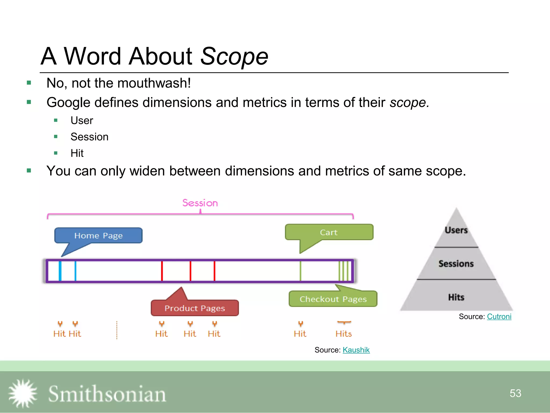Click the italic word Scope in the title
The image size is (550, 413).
[234, 56]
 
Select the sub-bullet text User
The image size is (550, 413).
[82, 120]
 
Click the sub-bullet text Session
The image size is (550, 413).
[89, 137]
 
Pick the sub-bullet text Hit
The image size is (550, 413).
[77, 153]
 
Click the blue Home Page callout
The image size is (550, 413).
[98, 236]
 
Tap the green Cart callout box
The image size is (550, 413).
[329, 232]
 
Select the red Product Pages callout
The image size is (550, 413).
[195, 308]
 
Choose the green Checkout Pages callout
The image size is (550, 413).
[333, 299]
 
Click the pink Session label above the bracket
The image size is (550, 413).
[200, 203]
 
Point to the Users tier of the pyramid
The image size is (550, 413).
[456, 230]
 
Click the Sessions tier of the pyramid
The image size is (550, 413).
[456, 264]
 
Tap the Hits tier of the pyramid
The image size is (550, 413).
[456, 297]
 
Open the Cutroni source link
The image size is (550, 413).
[499, 316]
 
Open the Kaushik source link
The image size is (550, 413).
[356, 350]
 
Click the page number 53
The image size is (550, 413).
[515, 393]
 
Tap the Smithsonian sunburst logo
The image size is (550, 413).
[23, 393]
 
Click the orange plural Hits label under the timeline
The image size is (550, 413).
[343, 334]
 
